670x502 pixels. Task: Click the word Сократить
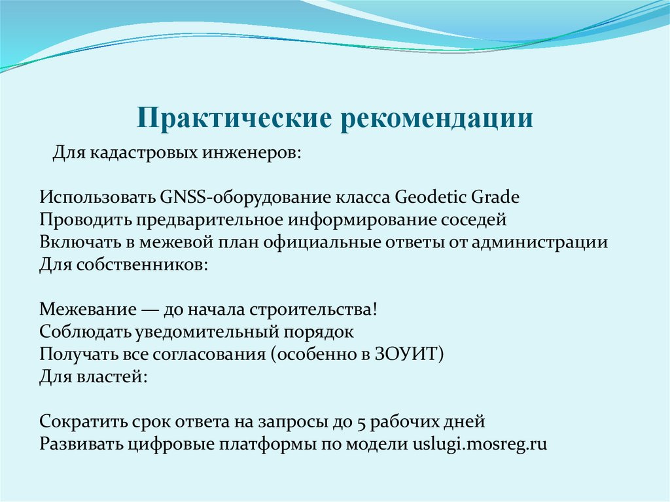pyautogui.click(x=80, y=420)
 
